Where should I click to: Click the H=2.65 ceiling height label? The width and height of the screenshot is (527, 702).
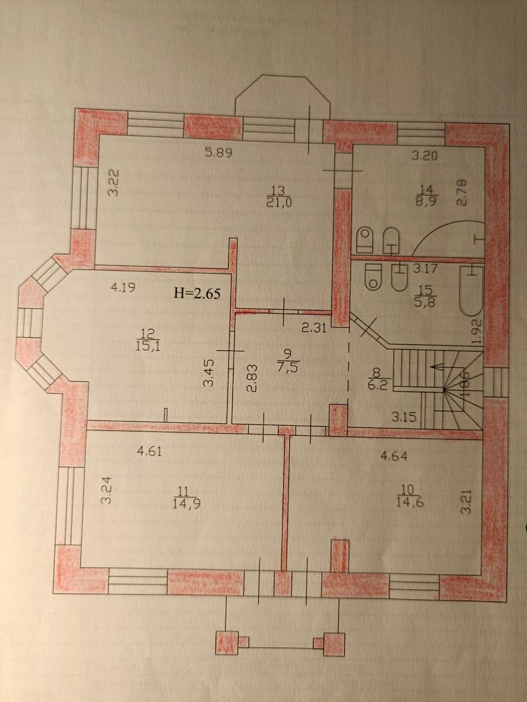coord(197,293)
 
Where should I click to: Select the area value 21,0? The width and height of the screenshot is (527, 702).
coord(278,203)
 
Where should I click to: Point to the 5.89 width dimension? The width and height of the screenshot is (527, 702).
coord(218,153)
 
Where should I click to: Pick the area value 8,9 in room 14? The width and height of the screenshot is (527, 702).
coord(428,202)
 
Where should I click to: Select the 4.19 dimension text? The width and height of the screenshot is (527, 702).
coord(123,287)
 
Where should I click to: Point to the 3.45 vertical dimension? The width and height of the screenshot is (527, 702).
coord(208,374)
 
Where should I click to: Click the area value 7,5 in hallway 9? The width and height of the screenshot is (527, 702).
coord(288,368)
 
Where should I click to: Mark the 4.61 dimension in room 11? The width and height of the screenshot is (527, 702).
coord(149,452)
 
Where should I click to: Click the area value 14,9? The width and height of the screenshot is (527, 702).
coord(186,504)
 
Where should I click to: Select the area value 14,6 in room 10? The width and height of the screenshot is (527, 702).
coord(409,502)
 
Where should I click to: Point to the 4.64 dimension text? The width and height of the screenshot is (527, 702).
coord(394,456)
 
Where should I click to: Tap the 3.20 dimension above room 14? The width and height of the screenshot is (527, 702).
coord(423,156)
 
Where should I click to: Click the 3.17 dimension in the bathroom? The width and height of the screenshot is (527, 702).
coord(425,268)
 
